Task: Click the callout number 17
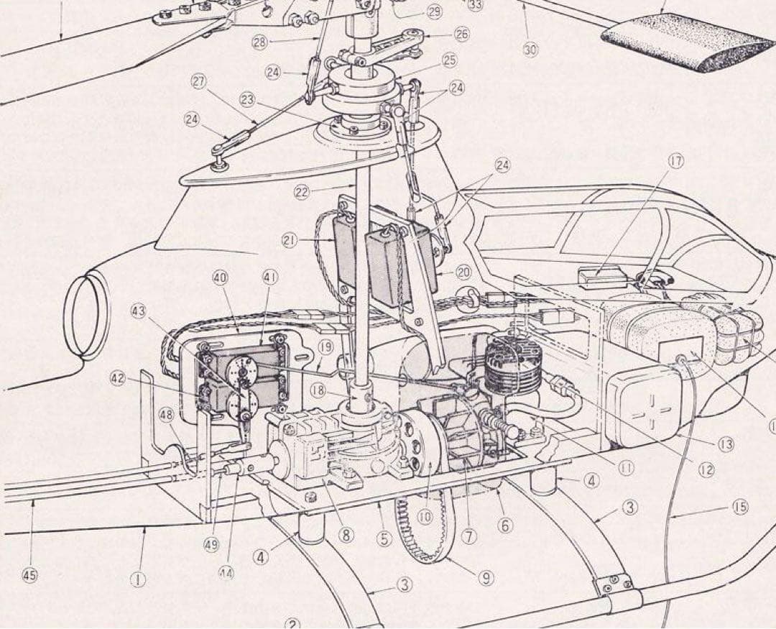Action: coord(676,160)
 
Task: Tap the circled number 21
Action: coord(289,242)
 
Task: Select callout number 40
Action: coord(221,277)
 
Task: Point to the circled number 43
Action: coord(139,311)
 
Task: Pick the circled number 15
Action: coord(740,508)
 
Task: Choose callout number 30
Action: coord(530,50)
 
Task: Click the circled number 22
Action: coord(302,190)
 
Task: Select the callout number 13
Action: coord(726,444)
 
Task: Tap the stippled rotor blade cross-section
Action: coord(688,40)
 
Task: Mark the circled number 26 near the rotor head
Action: coord(462,33)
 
